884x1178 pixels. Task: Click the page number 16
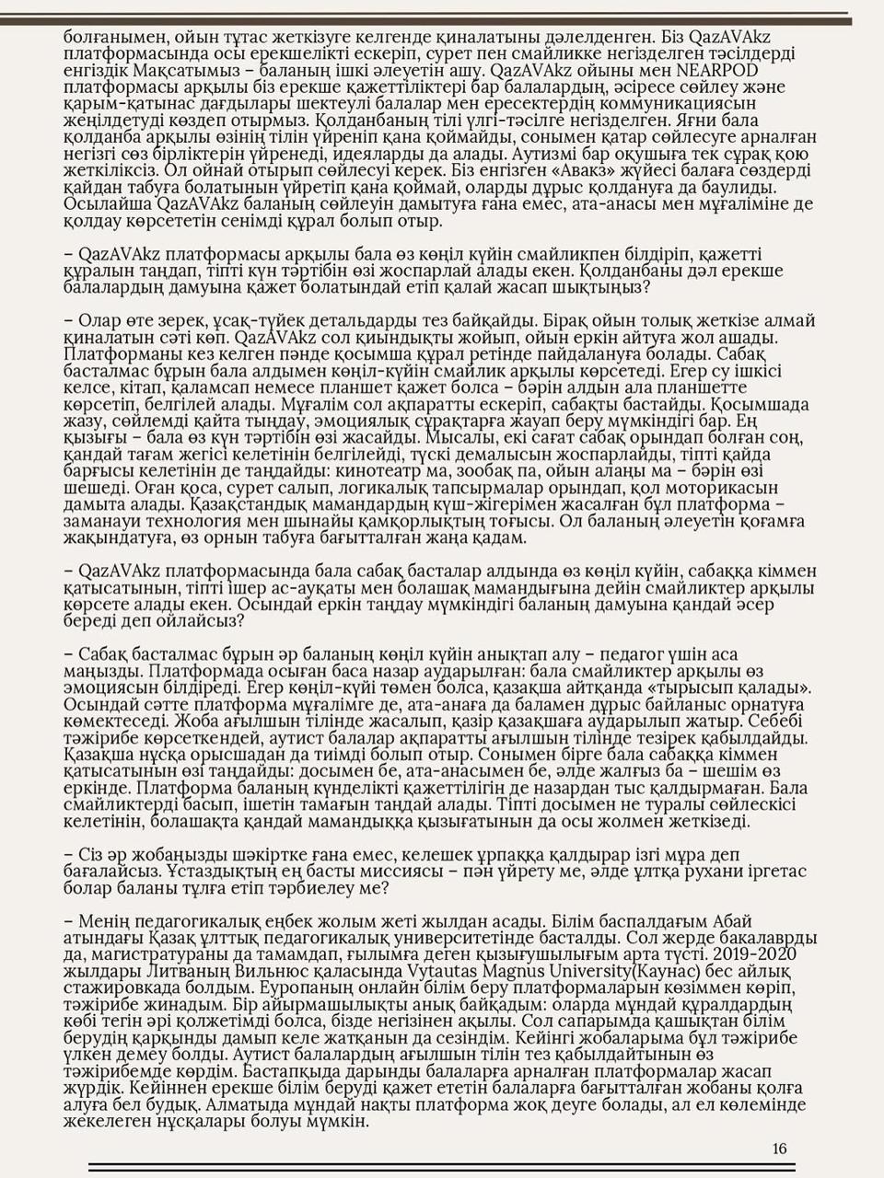[x=779, y=1149]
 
